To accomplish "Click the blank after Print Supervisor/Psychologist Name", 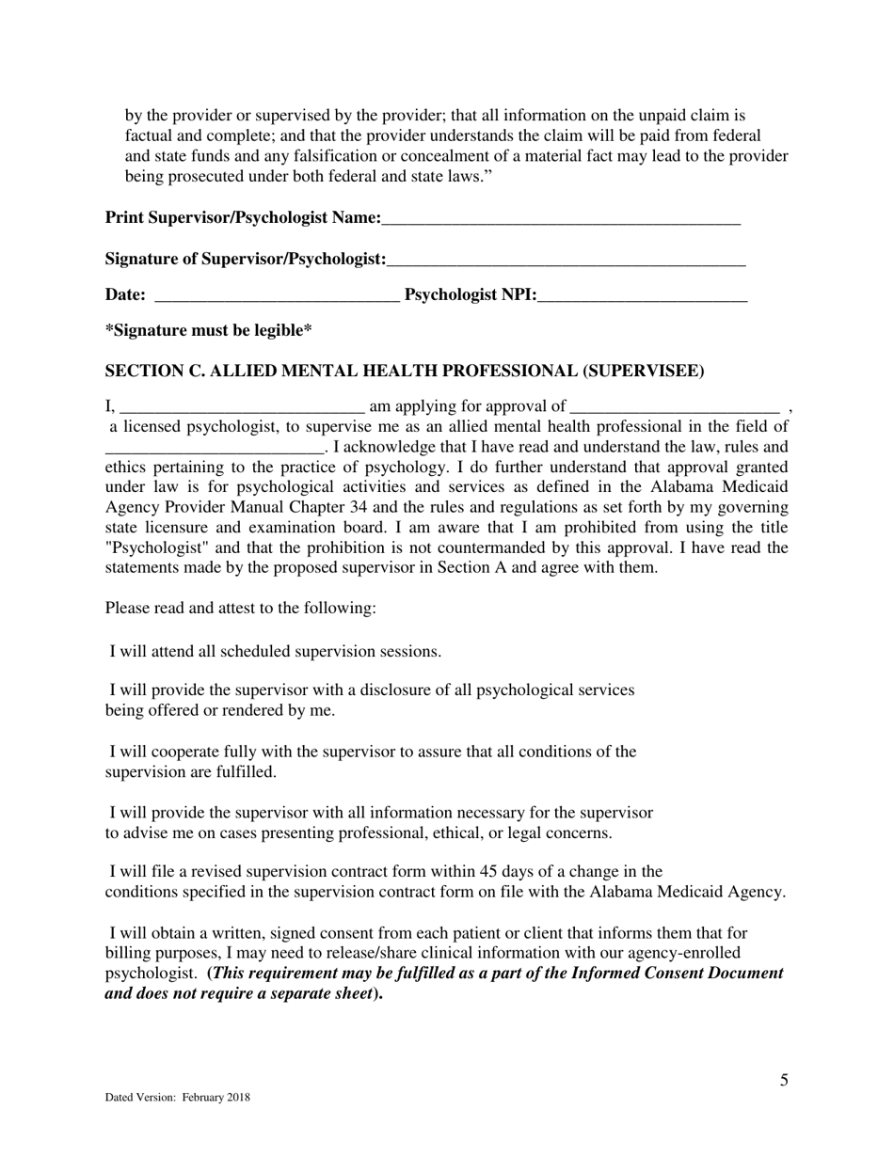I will click(561, 220).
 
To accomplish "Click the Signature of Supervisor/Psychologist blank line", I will click(566, 260).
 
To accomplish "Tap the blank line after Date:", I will click(276, 296).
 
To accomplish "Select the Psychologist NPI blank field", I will click(643, 296).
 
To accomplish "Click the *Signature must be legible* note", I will click(208, 330).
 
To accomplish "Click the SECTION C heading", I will click(404, 371).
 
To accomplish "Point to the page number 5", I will click(784, 1080).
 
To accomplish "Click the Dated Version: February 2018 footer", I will click(177, 1097).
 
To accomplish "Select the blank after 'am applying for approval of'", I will click(675, 407).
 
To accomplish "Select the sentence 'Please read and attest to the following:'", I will click(240, 608).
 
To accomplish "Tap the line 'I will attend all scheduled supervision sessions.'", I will click(275, 651).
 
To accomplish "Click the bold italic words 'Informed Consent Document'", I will click(677, 974).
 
